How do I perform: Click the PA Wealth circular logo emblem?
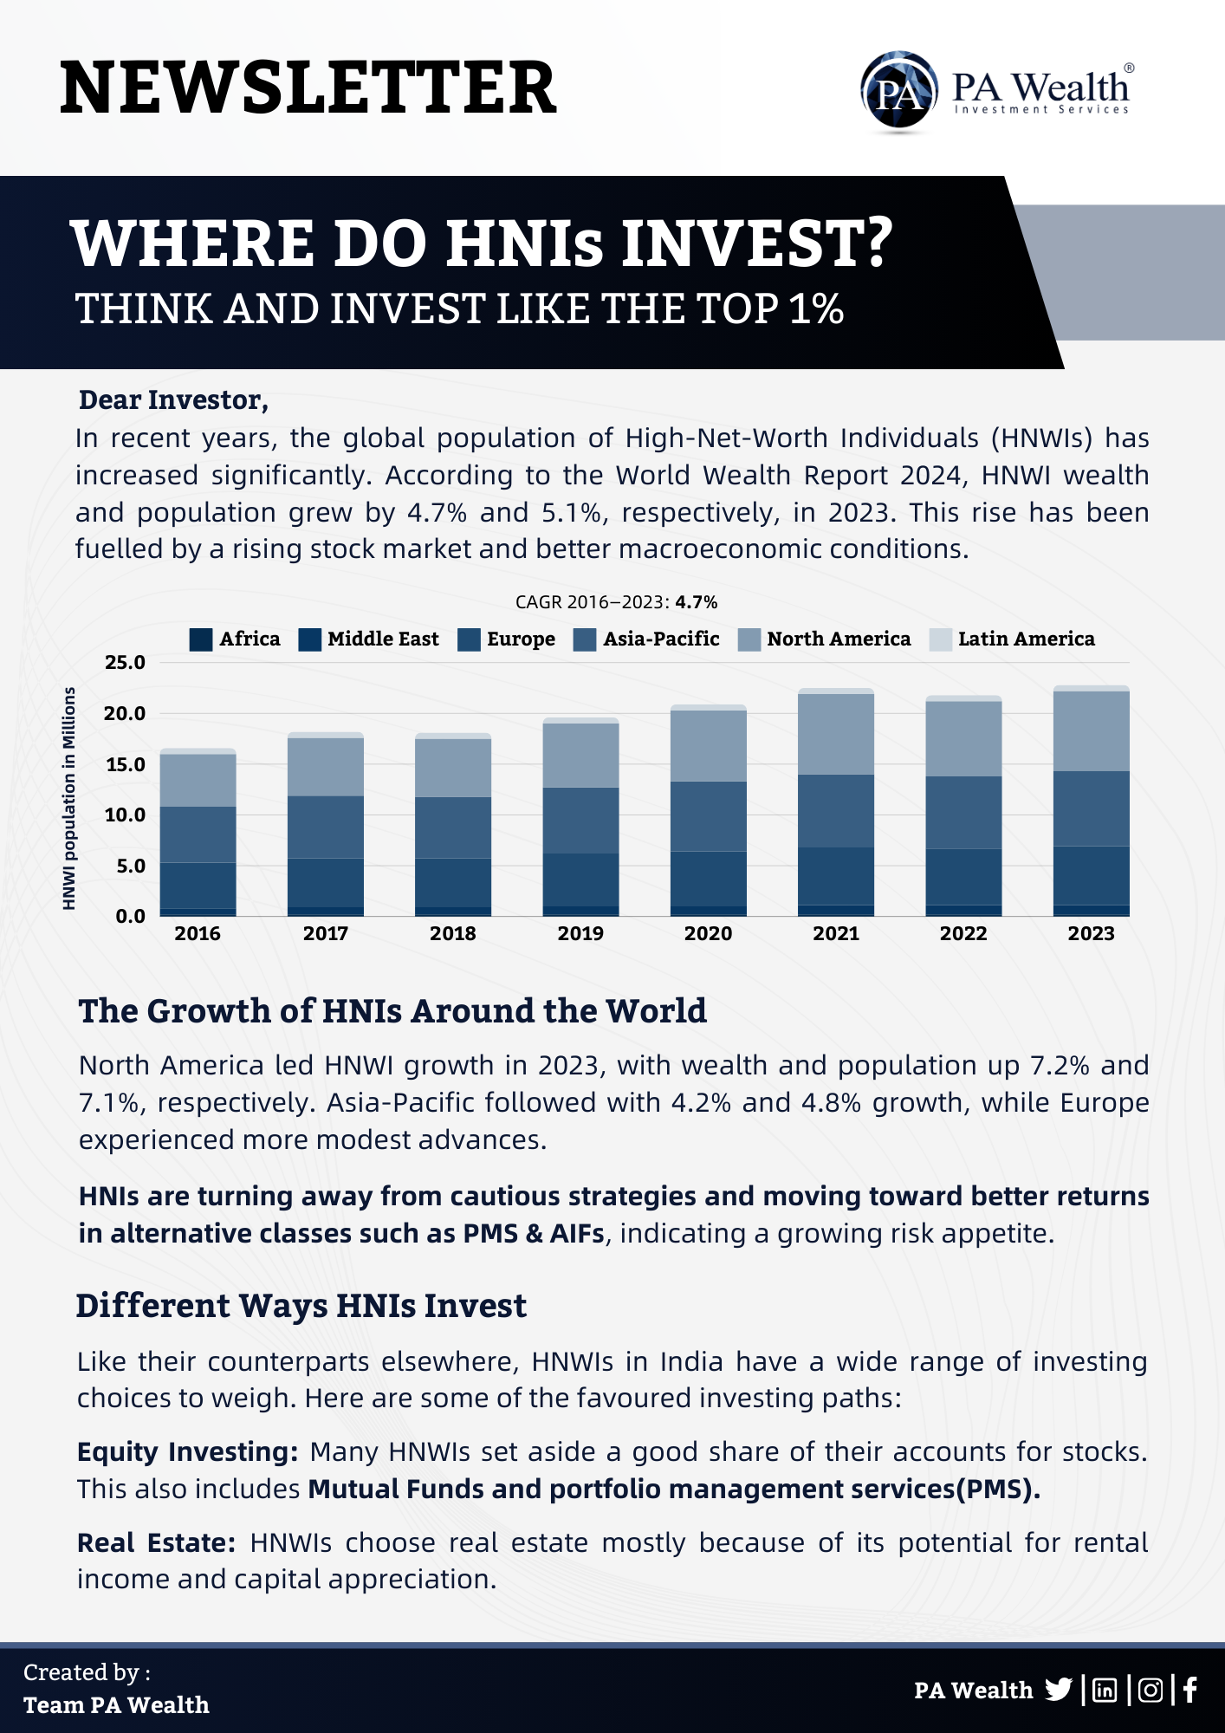pos(898,91)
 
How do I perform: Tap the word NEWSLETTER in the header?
pos(308,88)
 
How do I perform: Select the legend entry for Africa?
pos(235,639)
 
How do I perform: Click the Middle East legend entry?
pos(368,639)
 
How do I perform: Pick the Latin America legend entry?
pos(1012,639)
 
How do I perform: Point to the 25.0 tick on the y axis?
pos(125,663)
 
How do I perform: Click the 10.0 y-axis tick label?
pos(125,815)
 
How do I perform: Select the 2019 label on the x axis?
pos(580,933)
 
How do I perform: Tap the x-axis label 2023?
pos(1091,933)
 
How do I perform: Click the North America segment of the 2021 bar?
pos(835,734)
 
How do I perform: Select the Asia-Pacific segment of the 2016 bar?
pos(198,834)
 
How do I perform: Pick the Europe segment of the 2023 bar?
pos(1091,875)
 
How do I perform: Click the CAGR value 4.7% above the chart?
pos(697,602)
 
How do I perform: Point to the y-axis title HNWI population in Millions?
pos(69,798)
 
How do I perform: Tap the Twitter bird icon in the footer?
pos(1058,1690)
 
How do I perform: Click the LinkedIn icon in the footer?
pos(1105,1690)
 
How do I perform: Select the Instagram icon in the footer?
pos(1150,1690)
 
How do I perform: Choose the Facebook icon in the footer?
pos(1190,1690)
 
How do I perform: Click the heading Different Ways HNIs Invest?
pos(301,1306)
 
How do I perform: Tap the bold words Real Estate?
pos(156,1542)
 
